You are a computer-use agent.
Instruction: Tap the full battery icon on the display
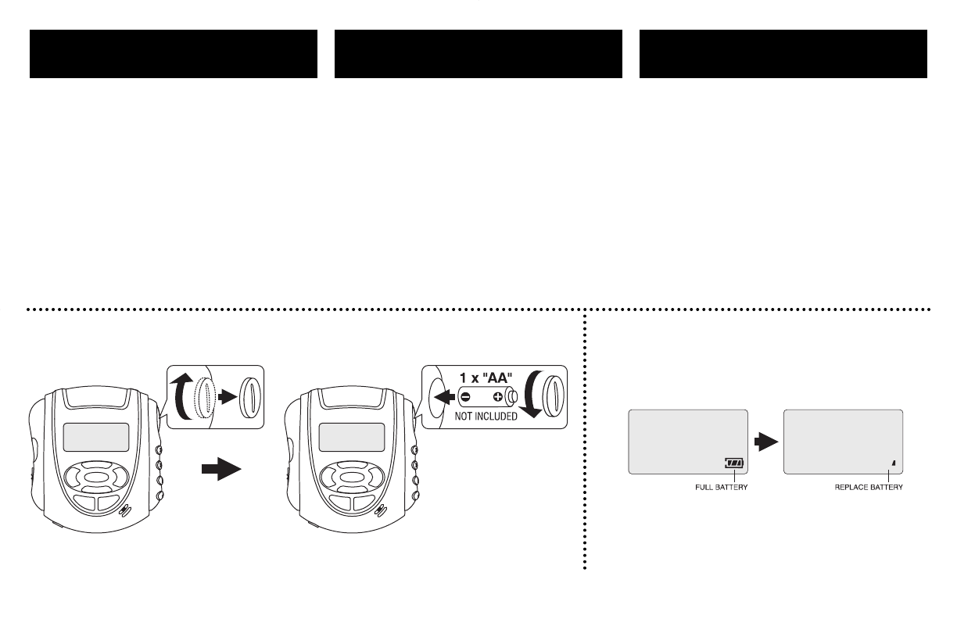[734, 463]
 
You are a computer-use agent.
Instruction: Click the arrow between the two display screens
[765, 441]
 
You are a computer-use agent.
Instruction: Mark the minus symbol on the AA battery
[466, 396]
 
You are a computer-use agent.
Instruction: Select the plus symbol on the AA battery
[497, 396]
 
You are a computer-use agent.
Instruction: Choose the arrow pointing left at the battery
[446, 396]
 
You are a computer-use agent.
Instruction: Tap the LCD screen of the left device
[96, 437]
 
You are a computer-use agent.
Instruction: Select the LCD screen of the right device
[352, 437]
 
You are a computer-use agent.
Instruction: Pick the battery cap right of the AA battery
[552, 396]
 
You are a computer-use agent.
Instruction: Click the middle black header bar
[478, 54]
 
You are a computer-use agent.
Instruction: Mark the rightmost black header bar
[783, 54]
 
